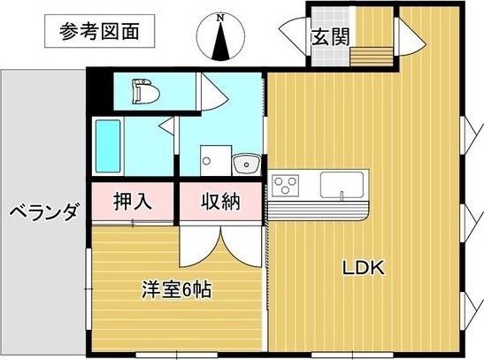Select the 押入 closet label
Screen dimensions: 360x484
pyautogui.click(x=132, y=202)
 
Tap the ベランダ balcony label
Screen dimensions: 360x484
pyautogui.click(x=43, y=212)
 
